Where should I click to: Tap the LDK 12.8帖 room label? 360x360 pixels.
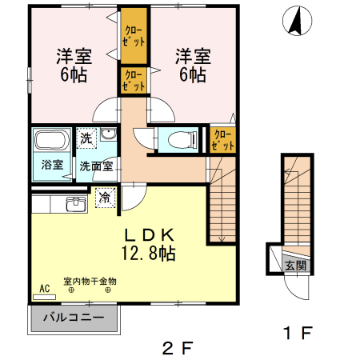[149, 244]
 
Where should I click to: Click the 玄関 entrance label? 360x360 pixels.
[294, 266]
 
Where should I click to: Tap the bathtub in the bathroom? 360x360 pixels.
[53, 142]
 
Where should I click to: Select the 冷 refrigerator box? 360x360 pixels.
[105, 195]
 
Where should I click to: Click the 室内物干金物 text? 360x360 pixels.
[90, 282]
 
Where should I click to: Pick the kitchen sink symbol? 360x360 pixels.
[76, 204]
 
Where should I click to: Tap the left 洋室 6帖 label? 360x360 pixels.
[74, 66]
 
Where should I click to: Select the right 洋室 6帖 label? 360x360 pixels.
[191, 66]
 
